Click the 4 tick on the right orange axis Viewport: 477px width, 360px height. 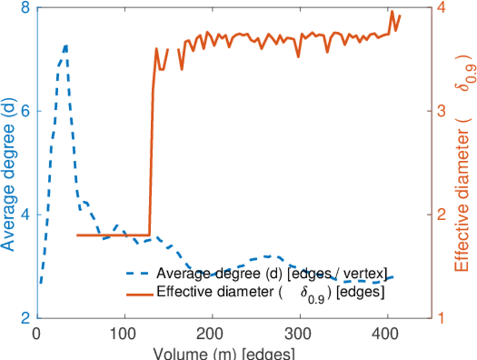440,8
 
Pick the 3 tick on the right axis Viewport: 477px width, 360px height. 440,112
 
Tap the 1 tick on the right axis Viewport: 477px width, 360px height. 440,318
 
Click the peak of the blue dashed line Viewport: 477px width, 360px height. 65,44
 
